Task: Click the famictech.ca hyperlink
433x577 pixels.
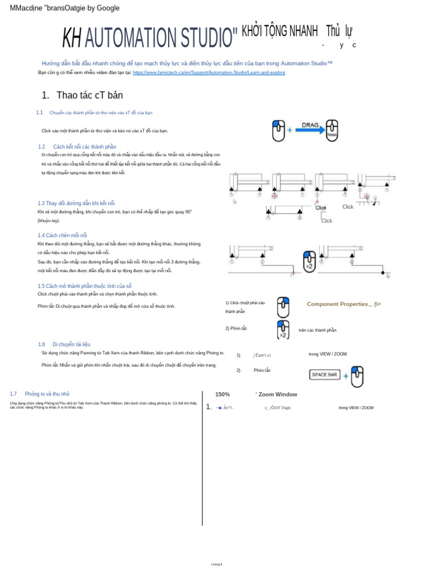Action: tap(209, 73)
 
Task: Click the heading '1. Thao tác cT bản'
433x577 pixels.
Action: tap(82, 95)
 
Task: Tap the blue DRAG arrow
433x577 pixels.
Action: tap(310, 129)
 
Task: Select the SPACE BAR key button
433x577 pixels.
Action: tap(325, 375)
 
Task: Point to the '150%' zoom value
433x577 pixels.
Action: tap(222, 394)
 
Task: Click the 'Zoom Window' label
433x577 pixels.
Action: tap(277, 394)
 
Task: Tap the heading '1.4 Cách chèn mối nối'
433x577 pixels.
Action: tap(62, 235)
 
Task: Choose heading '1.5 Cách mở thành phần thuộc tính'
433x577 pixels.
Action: tap(84, 286)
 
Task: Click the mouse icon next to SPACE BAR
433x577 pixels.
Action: tap(357, 376)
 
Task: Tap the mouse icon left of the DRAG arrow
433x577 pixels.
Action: tap(279, 130)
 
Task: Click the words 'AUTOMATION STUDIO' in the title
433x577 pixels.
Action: tap(161, 37)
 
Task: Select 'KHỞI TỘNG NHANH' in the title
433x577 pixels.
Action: tap(280, 32)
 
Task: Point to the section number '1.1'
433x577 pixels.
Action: tap(39, 113)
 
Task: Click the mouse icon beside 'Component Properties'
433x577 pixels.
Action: tap(283, 307)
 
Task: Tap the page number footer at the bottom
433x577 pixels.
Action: tap(216, 564)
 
